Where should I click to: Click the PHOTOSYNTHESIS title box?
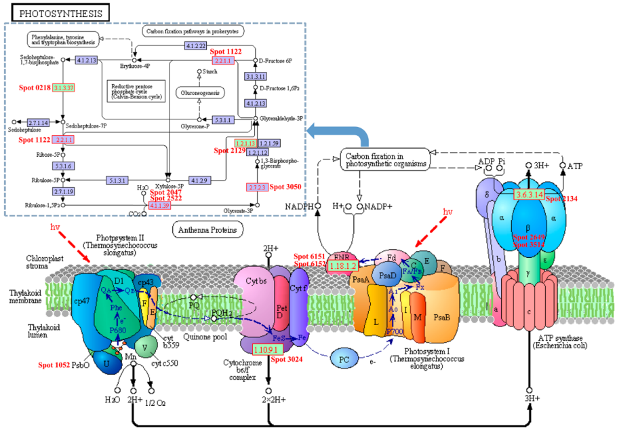click(x=61, y=13)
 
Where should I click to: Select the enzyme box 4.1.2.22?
click(x=197, y=45)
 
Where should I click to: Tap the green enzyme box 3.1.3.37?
click(x=64, y=88)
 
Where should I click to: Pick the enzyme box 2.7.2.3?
click(x=257, y=187)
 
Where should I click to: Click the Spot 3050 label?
click(x=286, y=187)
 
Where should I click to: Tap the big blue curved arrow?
click(x=346, y=132)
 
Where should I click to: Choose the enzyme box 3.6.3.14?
click(x=529, y=195)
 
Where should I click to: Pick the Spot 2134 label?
click(x=562, y=199)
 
